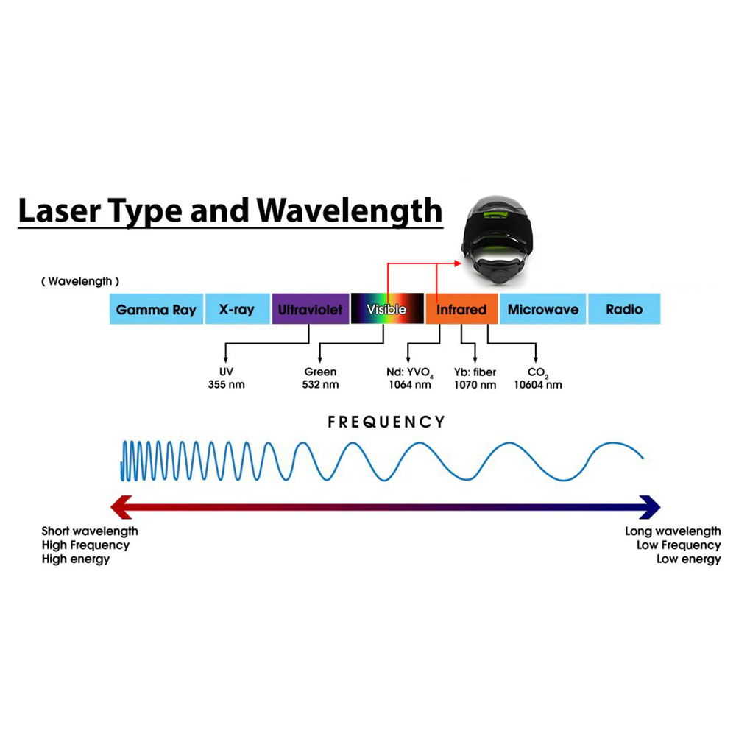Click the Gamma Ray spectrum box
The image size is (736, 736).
(x=156, y=309)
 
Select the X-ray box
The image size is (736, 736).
(x=237, y=309)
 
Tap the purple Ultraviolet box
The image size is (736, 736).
(x=310, y=309)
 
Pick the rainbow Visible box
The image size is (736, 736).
(x=386, y=309)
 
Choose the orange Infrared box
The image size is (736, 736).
(x=461, y=309)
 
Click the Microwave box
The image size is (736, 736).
(x=543, y=309)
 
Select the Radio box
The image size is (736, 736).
(x=624, y=309)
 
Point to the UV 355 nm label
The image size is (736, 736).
(x=226, y=378)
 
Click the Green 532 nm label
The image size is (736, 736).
(x=320, y=378)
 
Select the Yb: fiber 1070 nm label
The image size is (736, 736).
(x=475, y=378)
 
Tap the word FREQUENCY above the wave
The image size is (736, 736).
(x=386, y=422)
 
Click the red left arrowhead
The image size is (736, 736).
(x=120, y=506)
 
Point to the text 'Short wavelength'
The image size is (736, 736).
(x=89, y=531)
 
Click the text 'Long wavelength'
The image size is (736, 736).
(x=673, y=531)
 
